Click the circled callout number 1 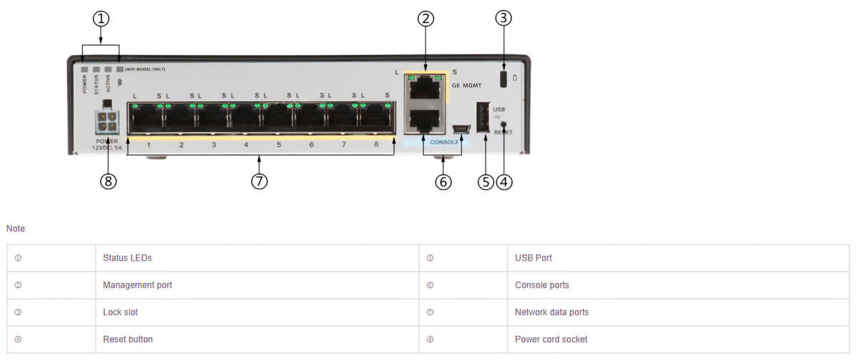tap(101, 19)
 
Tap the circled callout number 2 tap(426, 19)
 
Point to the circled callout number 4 tap(504, 181)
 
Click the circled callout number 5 tap(486, 181)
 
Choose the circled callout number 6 tap(443, 181)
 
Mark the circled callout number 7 tap(259, 181)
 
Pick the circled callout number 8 tap(109, 181)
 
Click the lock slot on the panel tap(503, 78)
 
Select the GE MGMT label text tap(467, 85)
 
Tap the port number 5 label tap(279, 145)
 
